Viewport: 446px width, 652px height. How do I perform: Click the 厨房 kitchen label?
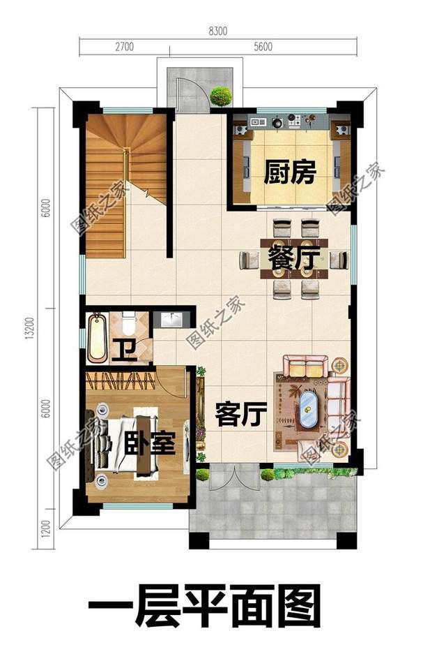tap(290, 172)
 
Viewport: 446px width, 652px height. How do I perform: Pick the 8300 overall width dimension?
tap(218, 31)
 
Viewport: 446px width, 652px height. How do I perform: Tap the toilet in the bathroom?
tap(128, 324)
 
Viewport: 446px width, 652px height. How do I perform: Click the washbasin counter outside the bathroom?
tap(171, 320)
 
